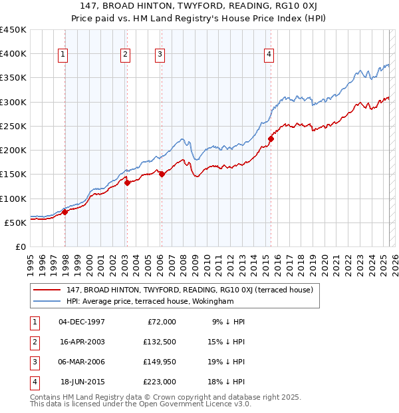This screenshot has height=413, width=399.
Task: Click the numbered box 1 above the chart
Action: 63,55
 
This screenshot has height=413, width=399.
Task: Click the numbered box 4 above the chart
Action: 269,55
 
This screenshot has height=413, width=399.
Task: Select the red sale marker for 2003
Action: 127,183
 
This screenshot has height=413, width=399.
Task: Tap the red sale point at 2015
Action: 271,139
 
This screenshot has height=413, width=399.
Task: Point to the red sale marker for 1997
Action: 65,212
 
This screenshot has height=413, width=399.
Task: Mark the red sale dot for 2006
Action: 161,175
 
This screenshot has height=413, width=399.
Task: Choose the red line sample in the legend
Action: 47,290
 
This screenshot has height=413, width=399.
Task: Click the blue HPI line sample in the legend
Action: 47,301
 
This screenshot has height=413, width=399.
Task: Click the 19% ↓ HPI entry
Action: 227,362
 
